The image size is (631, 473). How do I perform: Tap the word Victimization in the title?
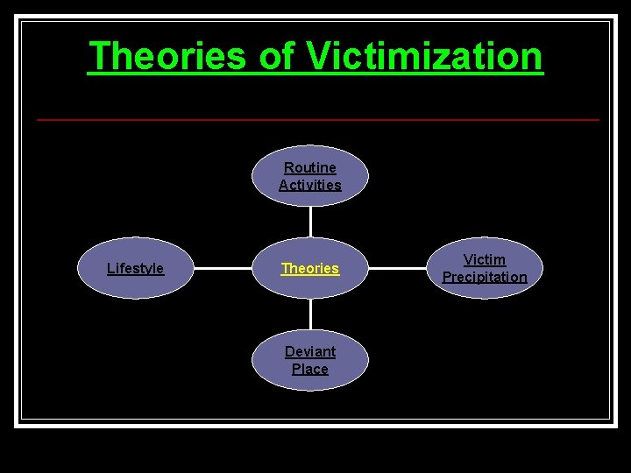coord(424,56)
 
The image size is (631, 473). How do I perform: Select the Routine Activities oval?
coord(310,175)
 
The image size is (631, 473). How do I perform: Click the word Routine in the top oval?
coord(310,167)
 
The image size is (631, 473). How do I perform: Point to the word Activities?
coord(310,185)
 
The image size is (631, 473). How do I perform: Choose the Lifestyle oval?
coord(135,268)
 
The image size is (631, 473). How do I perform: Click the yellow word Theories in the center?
coord(310,268)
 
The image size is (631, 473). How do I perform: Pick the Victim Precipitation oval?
coord(485,268)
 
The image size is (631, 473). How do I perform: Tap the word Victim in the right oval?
coord(485,259)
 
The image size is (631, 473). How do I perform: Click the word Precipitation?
coord(485,277)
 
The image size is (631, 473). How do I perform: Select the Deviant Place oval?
coord(310,360)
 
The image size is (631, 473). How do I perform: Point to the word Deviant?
coord(310,351)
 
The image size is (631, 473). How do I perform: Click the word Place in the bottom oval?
coord(310,369)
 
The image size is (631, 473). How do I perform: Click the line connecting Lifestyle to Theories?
coord(223,268)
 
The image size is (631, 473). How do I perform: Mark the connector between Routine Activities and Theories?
coord(310,222)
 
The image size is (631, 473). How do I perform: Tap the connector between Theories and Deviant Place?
coord(310,314)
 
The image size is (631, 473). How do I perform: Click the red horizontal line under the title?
coord(317,119)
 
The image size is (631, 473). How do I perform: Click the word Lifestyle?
coord(135,268)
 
